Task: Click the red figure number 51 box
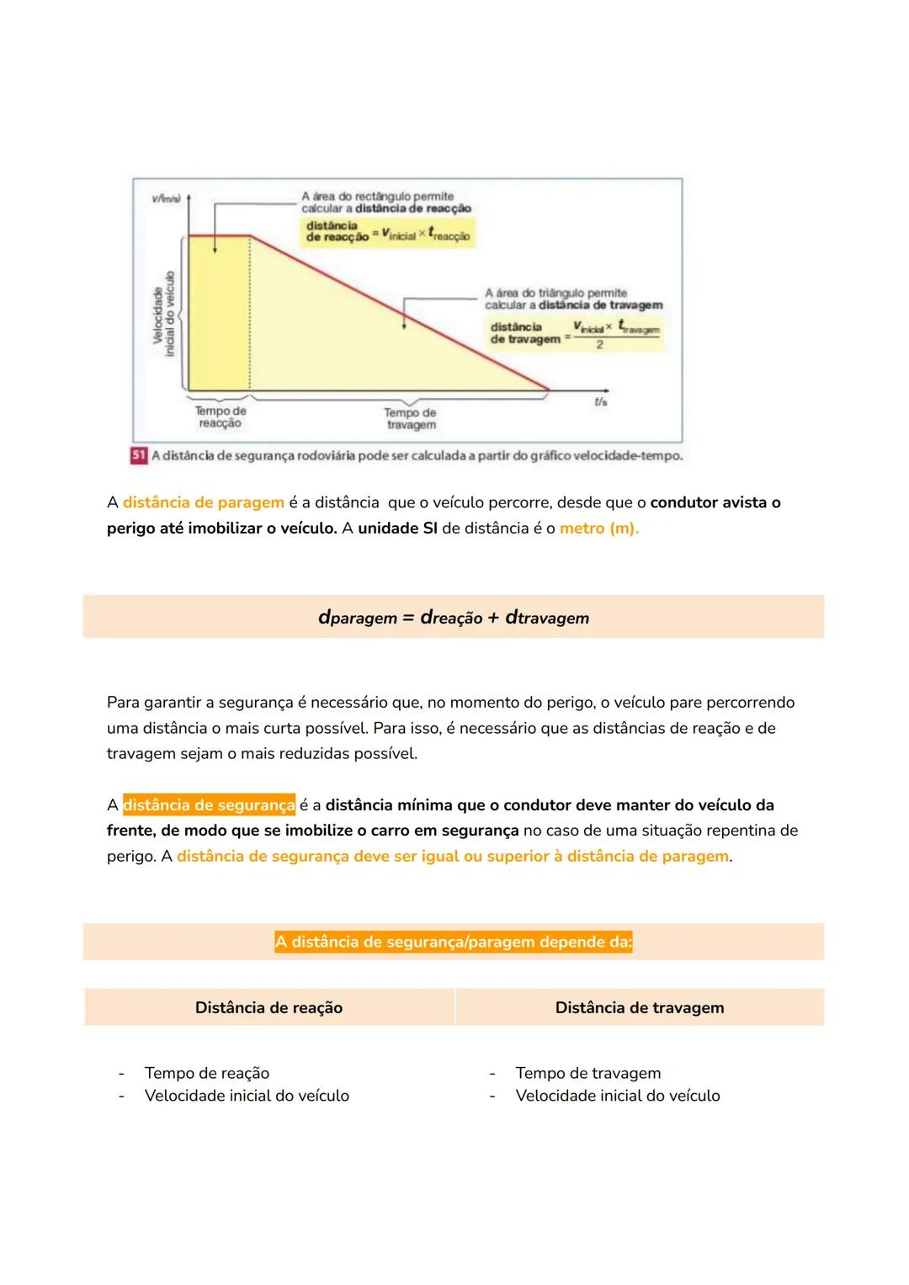139,455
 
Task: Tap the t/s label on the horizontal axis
600,402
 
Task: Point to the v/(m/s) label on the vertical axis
164,199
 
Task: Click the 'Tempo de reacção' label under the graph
221,417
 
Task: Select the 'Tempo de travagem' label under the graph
410,419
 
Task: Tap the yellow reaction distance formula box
388,232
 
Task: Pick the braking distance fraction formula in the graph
575,333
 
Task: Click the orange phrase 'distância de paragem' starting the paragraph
204,503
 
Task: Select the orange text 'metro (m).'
598,528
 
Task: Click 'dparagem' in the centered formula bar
357,618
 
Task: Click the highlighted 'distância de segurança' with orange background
210,805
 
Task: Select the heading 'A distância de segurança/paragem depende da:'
453,943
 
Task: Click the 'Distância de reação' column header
268,1008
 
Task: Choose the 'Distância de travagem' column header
639,1008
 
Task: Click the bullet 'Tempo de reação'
207,1073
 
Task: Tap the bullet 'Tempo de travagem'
587,1073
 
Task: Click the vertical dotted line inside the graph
250,320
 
